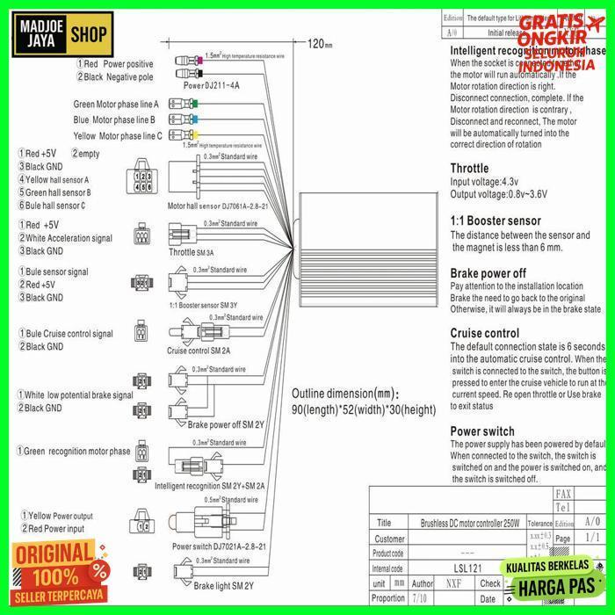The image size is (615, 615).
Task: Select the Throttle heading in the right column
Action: (469, 168)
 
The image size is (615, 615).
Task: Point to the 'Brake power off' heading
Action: (488, 272)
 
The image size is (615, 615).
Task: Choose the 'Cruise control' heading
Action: (484, 333)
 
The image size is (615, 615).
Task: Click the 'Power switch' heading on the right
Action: (482, 431)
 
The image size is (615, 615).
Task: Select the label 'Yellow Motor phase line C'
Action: (118, 136)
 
